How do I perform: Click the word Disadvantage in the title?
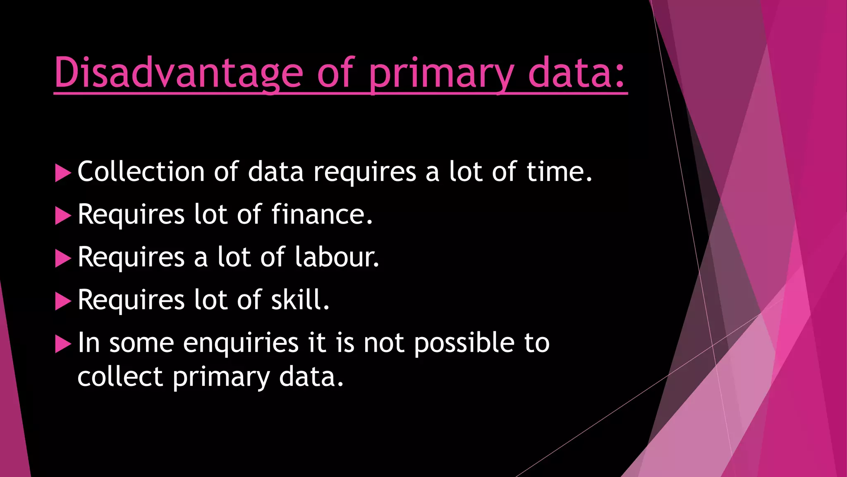(x=179, y=73)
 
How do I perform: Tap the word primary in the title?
(x=442, y=75)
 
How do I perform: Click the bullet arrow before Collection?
(x=63, y=173)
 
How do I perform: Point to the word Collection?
(x=141, y=171)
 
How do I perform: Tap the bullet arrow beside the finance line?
(x=63, y=216)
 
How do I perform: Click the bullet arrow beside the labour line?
(x=63, y=258)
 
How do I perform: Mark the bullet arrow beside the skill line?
(x=63, y=301)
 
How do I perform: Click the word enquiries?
(x=241, y=344)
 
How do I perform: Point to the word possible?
(x=464, y=344)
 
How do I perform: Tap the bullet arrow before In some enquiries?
(x=63, y=344)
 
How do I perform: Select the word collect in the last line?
(x=120, y=377)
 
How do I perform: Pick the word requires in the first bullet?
(x=364, y=172)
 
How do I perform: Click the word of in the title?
(x=335, y=73)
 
